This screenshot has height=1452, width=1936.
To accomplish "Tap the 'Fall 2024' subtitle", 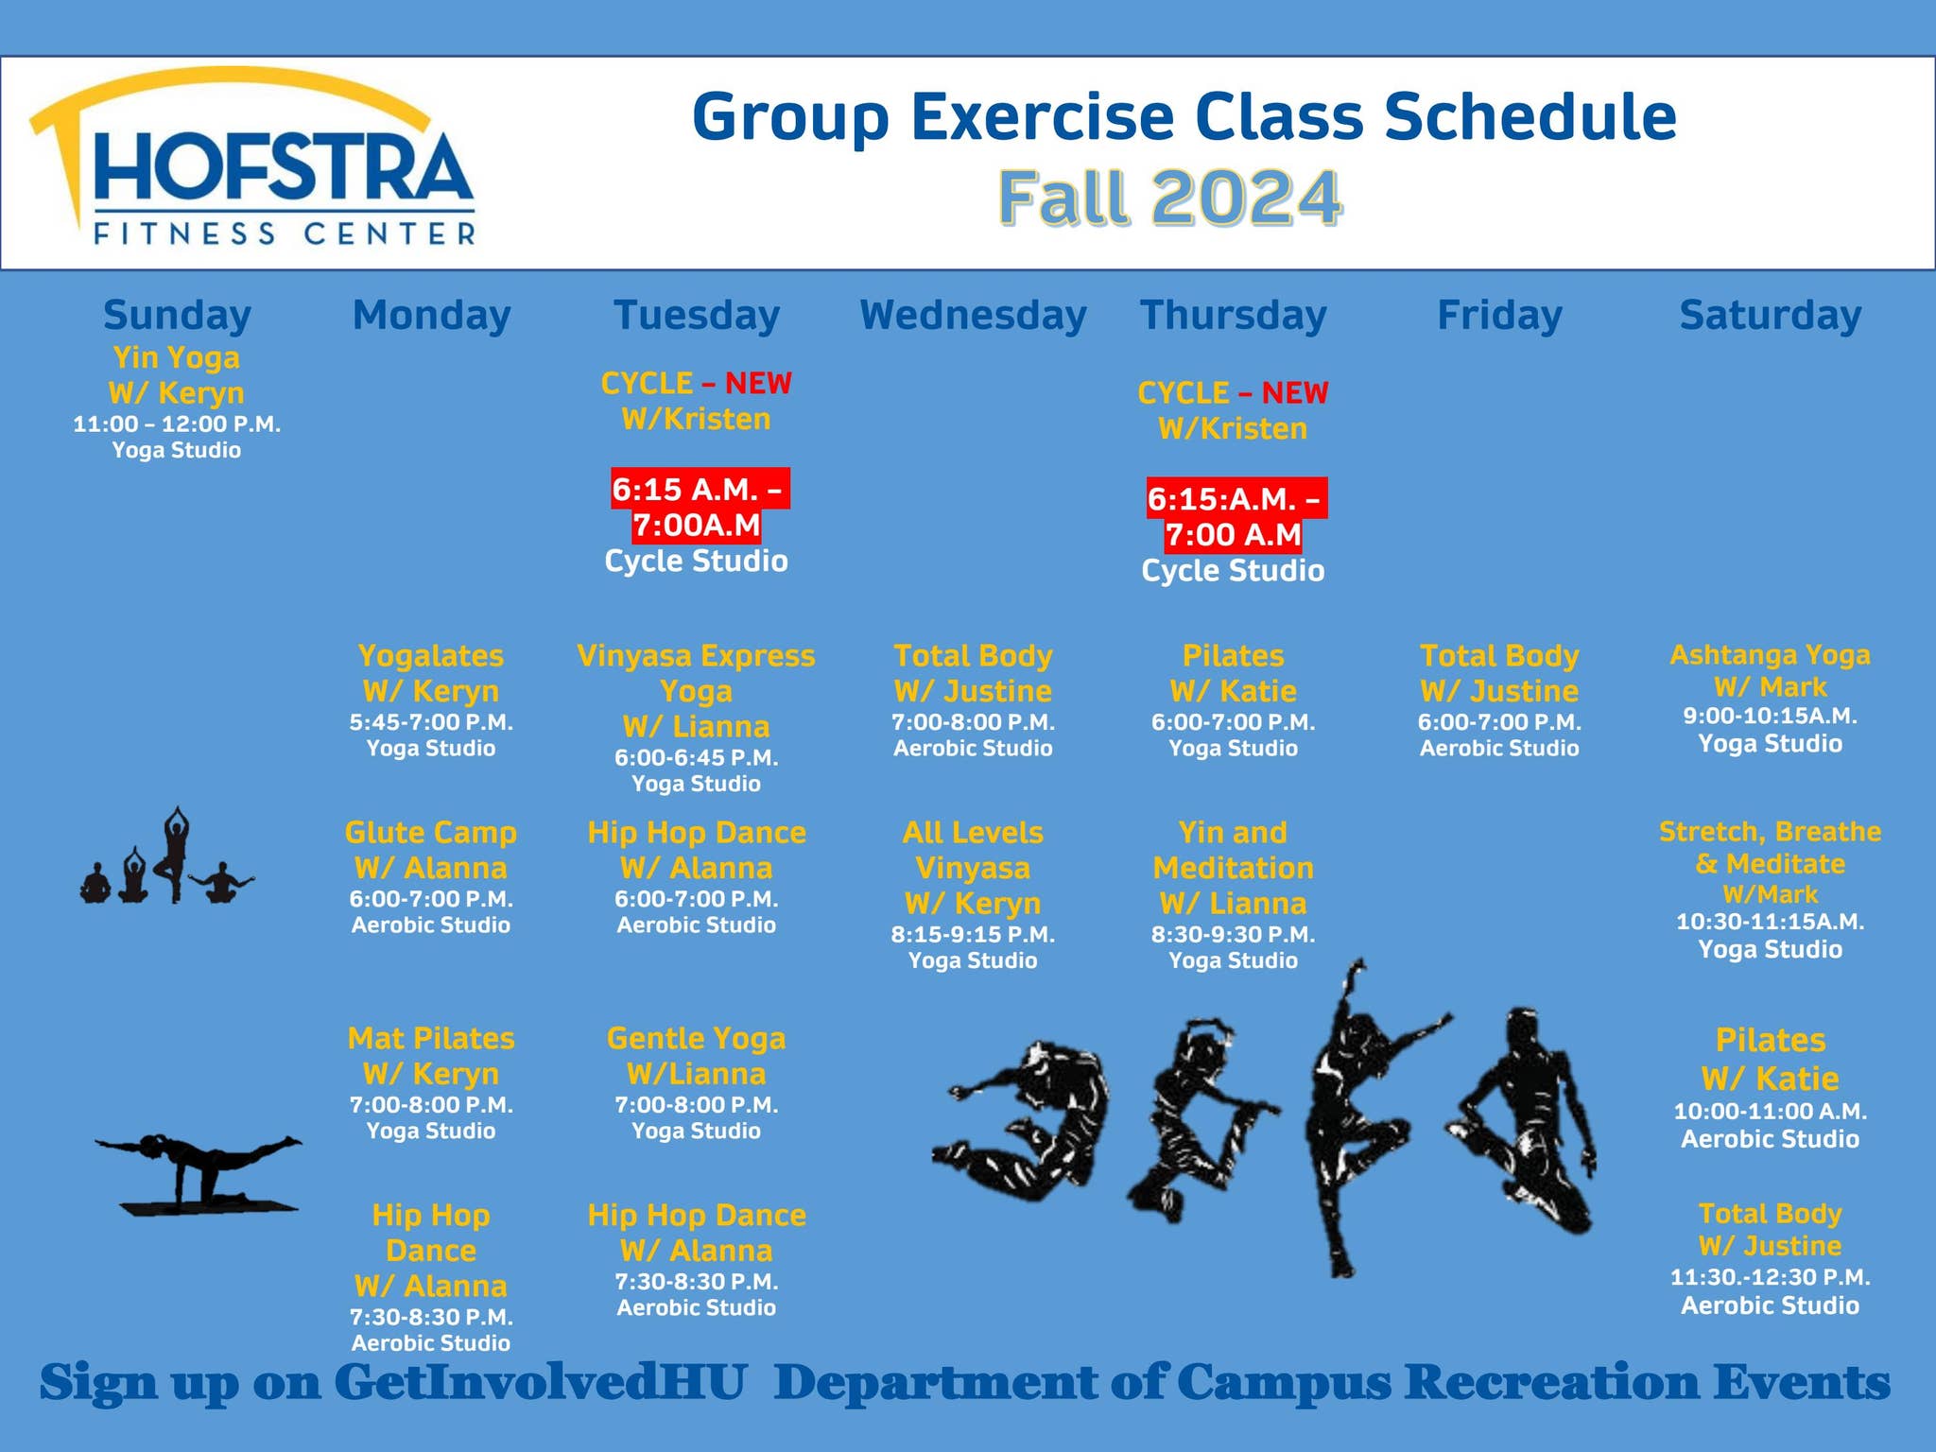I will click(1170, 199).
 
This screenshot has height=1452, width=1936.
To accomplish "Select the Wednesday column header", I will click(973, 315).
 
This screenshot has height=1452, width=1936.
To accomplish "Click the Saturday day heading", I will click(1770, 315).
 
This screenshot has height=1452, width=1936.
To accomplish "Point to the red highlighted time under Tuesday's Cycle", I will click(697, 507).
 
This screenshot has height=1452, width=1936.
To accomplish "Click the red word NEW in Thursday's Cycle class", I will click(1294, 392).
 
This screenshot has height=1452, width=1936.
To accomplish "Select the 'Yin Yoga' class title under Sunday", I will click(177, 357).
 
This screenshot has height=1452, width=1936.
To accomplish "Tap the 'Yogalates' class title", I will click(431, 655).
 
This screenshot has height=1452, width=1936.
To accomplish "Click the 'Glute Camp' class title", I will click(431, 832).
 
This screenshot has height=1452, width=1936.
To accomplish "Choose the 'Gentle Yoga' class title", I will click(697, 1038).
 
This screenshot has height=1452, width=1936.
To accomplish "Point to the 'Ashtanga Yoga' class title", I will click(1770, 654).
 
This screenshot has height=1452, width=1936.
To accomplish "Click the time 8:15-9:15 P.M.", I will click(973, 934).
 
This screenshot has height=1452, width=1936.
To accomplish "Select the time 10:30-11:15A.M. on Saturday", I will click(1770, 921).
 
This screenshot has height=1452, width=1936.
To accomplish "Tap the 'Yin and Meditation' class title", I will click(1233, 850).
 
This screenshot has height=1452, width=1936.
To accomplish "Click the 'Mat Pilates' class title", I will click(431, 1038).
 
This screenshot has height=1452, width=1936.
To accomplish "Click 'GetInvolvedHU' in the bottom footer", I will click(541, 1382).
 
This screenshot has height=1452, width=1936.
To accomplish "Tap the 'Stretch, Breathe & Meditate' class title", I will click(1770, 847).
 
